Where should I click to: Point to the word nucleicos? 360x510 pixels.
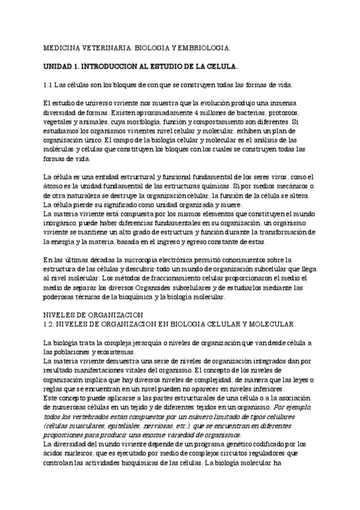point(80,453)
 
